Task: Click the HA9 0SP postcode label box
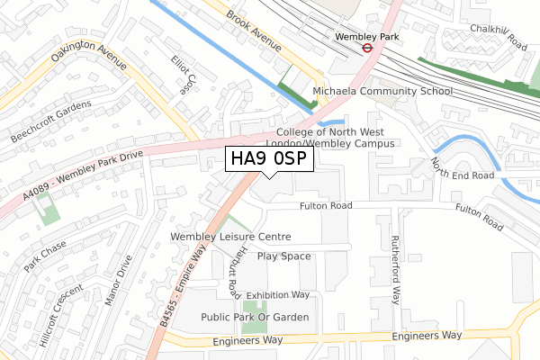(269, 159)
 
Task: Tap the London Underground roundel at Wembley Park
(368, 49)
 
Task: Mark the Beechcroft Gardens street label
(51, 121)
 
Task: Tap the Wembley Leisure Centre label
(231, 238)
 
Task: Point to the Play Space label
(283, 256)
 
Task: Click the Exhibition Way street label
(277, 294)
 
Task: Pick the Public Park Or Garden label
(256, 317)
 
